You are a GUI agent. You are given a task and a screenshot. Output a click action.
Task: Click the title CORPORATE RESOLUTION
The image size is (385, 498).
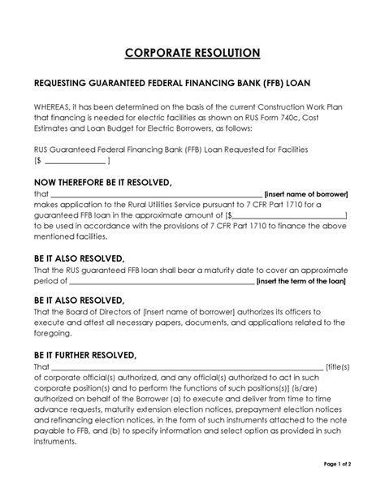pos(192,53)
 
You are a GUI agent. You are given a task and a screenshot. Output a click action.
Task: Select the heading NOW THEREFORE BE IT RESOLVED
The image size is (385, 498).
pos(102,183)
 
